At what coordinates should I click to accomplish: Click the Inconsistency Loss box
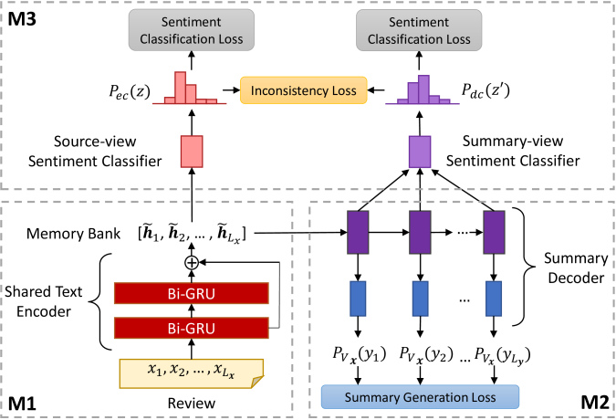[x=304, y=90]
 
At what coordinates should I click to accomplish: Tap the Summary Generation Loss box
[x=420, y=397]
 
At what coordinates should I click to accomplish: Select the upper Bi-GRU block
[x=192, y=293]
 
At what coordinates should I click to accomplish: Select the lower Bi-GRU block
[x=192, y=328]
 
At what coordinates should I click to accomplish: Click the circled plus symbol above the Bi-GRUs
[x=192, y=262]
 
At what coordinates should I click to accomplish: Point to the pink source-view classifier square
[x=192, y=152]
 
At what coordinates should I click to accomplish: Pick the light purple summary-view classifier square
[x=420, y=152]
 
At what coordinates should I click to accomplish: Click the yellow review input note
[x=192, y=373]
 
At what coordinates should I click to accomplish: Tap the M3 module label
[x=22, y=19]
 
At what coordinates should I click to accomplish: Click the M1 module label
[x=22, y=404]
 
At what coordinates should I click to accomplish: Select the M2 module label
[x=595, y=403]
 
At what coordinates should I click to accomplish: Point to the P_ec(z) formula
[x=130, y=92]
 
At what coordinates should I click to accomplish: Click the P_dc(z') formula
[x=485, y=90]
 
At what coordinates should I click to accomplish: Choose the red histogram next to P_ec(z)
[x=190, y=89]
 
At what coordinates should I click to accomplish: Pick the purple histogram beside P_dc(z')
[x=423, y=90]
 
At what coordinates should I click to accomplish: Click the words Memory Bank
[x=74, y=234]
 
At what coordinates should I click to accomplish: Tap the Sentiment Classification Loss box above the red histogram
[x=192, y=30]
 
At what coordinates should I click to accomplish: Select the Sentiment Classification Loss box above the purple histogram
[x=419, y=30]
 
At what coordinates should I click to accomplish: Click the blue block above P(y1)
[x=358, y=299]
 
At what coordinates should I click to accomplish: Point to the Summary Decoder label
[x=576, y=268]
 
